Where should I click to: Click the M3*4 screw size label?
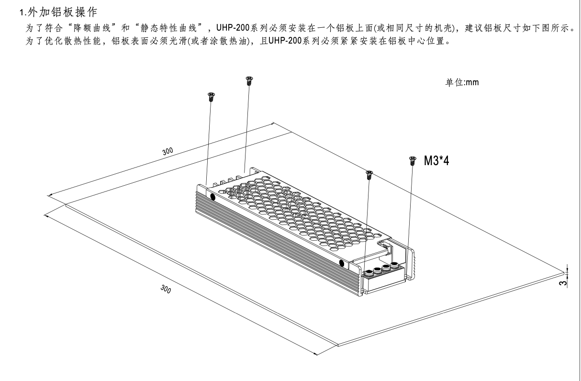point(436,160)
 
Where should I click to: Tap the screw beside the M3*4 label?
point(413,160)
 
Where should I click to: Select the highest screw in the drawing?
point(249,81)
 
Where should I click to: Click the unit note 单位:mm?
point(462,82)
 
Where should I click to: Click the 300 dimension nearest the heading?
point(168,151)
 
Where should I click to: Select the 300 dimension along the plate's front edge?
point(166,289)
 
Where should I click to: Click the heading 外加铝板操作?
point(62,12)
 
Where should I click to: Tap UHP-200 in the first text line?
point(233,28)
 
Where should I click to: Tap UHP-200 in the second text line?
point(285,41)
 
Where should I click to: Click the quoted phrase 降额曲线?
point(92,28)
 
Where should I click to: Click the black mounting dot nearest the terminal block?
point(342,263)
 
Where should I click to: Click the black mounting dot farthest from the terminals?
point(212,197)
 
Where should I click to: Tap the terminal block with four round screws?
point(384,278)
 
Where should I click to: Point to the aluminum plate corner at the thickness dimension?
point(564,273)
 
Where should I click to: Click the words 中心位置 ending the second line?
point(427,41)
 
